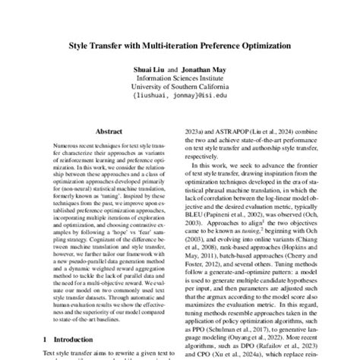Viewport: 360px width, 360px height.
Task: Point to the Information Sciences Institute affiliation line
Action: (x=180, y=78)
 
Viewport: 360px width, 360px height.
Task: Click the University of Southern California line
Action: (x=180, y=88)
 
